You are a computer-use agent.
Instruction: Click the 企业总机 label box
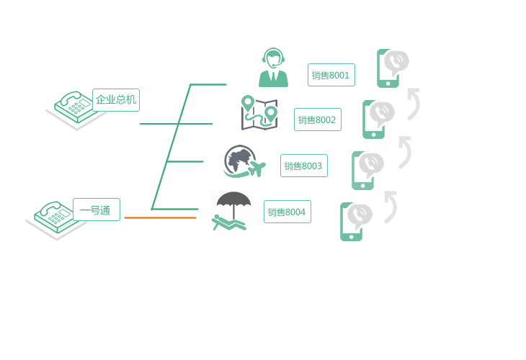[x=116, y=100]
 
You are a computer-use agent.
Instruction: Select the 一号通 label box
[x=97, y=210]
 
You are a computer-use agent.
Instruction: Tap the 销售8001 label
[x=331, y=75]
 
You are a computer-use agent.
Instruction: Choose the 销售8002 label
[x=317, y=120]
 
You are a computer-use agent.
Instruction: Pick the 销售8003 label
[x=303, y=166]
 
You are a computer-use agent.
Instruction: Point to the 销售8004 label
[x=287, y=212]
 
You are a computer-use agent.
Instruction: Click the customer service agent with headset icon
[x=273, y=68]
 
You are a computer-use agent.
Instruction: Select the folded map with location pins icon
[x=259, y=113]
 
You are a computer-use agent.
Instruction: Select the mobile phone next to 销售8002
[x=375, y=119]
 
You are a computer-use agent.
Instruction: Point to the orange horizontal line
[x=160, y=217]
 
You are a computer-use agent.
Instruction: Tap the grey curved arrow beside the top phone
[x=414, y=103]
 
